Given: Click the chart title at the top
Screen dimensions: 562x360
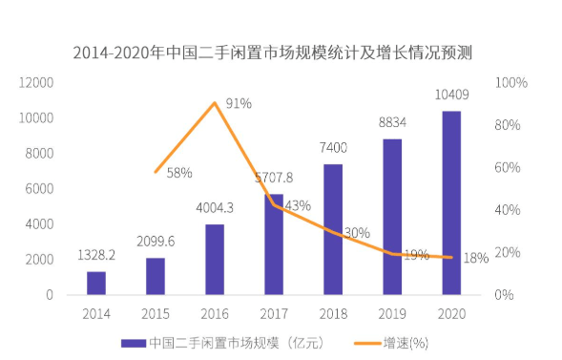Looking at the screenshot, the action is tap(272, 53).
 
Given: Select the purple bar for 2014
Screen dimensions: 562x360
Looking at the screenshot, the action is tap(96, 284).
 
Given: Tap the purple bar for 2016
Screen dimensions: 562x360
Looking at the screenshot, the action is tap(215, 260).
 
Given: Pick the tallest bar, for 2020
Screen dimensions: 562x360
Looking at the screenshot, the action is tap(451, 203).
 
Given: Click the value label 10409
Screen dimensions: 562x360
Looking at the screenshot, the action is tap(451, 95).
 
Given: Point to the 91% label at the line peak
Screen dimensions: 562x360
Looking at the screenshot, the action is tap(239, 104).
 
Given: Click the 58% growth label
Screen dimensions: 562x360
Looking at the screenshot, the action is tap(179, 173).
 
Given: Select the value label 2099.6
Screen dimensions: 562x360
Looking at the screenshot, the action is tap(156, 242).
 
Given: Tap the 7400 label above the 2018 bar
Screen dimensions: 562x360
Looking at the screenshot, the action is tap(333, 148).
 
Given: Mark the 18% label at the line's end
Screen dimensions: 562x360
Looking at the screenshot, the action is tap(476, 258).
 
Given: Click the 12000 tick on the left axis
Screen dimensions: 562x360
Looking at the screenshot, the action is tap(36, 83).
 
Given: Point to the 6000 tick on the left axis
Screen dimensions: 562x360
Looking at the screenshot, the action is tap(39, 189).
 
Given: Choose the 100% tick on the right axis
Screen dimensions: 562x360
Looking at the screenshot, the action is tap(511, 83).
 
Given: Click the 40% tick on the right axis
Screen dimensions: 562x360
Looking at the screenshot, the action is tap(508, 210).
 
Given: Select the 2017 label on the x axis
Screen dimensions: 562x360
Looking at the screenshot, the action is tap(274, 314).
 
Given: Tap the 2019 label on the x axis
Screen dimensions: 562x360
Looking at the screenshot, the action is tap(392, 314).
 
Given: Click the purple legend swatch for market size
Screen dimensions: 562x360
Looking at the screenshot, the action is tap(134, 344).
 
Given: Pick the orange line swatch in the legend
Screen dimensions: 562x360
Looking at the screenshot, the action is tap(367, 344).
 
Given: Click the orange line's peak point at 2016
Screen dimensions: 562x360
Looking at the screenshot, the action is tap(215, 103).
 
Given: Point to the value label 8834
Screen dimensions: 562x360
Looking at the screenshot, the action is tap(392, 122).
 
